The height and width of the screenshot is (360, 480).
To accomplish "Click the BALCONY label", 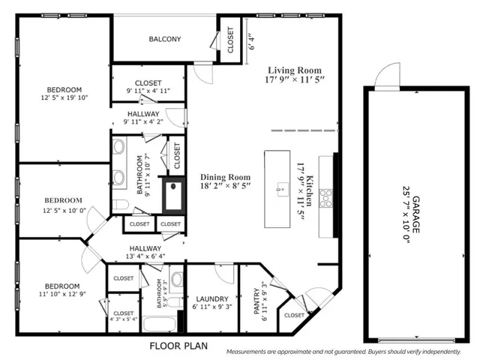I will pyautogui.click(x=164, y=40).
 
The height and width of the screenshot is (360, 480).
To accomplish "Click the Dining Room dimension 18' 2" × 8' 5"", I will pyautogui.click(x=225, y=186).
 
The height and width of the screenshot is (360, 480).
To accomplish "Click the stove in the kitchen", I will pyautogui.click(x=326, y=198).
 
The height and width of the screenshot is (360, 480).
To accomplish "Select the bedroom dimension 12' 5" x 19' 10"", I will pyautogui.click(x=64, y=97).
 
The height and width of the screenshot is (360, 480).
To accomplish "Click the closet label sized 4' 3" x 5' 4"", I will pyautogui.click(x=124, y=319).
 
